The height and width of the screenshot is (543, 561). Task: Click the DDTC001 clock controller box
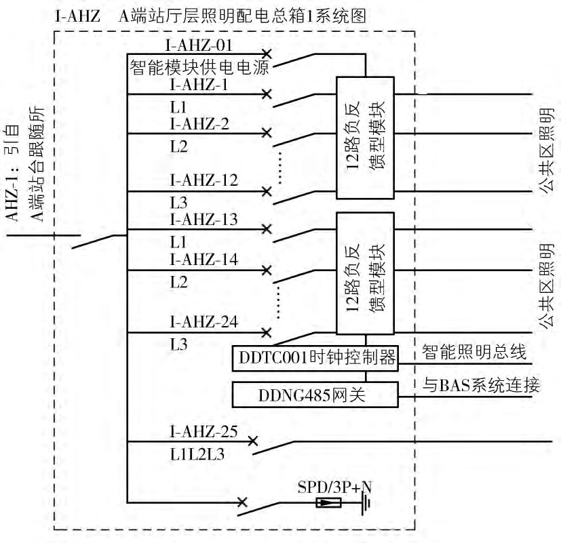(315, 357)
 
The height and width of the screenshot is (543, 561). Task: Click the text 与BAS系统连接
(480, 386)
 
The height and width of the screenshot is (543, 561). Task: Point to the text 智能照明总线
(473, 352)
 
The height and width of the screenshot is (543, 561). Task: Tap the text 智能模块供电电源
(200, 67)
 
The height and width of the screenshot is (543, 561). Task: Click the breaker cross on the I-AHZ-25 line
(252, 441)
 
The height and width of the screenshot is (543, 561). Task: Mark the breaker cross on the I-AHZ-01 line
(267, 53)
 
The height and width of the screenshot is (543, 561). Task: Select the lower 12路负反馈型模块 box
(365, 273)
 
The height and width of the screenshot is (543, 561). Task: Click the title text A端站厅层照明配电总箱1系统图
(243, 16)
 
